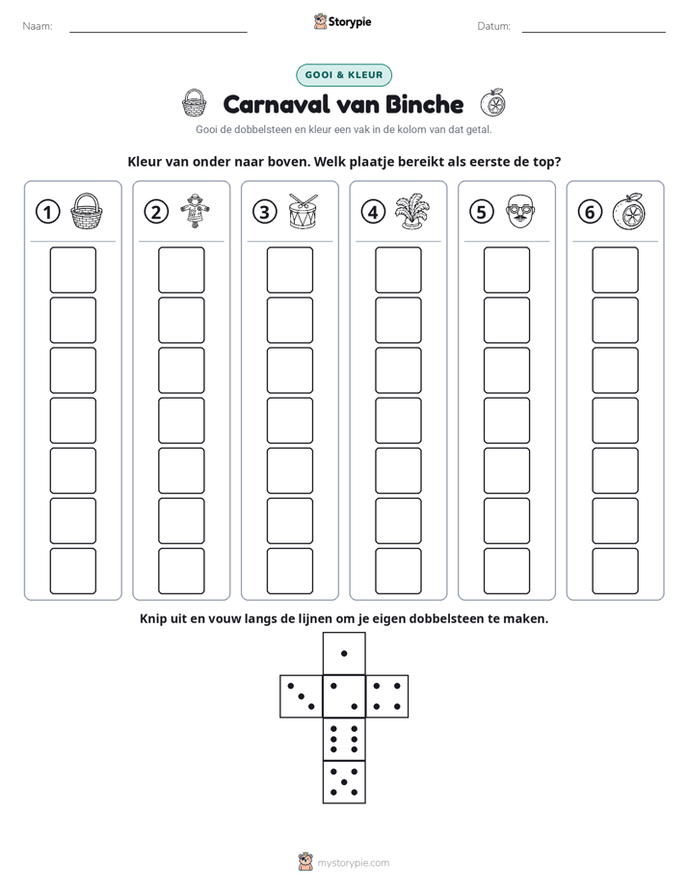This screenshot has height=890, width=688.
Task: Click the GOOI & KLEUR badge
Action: click(x=344, y=75)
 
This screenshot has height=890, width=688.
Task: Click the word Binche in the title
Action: click(x=424, y=104)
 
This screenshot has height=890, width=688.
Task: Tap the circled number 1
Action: click(x=47, y=212)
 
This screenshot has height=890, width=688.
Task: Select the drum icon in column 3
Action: click(x=304, y=211)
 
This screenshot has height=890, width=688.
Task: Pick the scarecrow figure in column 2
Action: click(x=196, y=211)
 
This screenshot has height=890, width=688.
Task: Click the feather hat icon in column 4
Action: click(x=411, y=211)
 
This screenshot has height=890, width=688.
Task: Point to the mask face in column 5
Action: click(x=520, y=211)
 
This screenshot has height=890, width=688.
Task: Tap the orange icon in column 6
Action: click(x=628, y=211)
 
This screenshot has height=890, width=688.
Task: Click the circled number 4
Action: click(x=373, y=212)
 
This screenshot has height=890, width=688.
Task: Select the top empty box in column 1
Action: click(x=72, y=270)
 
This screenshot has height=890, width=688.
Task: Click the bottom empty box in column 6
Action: click(x=616, y=571)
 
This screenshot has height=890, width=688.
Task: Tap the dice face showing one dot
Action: click(x=344, y=653)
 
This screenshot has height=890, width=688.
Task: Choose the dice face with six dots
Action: click(x=344, y=739)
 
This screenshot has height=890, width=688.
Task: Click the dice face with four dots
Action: click(x=387, y=696)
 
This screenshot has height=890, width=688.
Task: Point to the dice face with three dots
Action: click(x=302, y=696)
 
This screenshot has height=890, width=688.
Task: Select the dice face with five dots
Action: click(x=344, y=782)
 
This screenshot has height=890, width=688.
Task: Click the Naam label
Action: click(x=38, y=26)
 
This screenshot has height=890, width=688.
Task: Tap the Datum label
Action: click(x=494, y=26)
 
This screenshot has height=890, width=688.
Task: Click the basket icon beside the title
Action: click(x=194, y=103)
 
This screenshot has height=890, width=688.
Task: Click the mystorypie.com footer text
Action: click(x=353, y=863)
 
